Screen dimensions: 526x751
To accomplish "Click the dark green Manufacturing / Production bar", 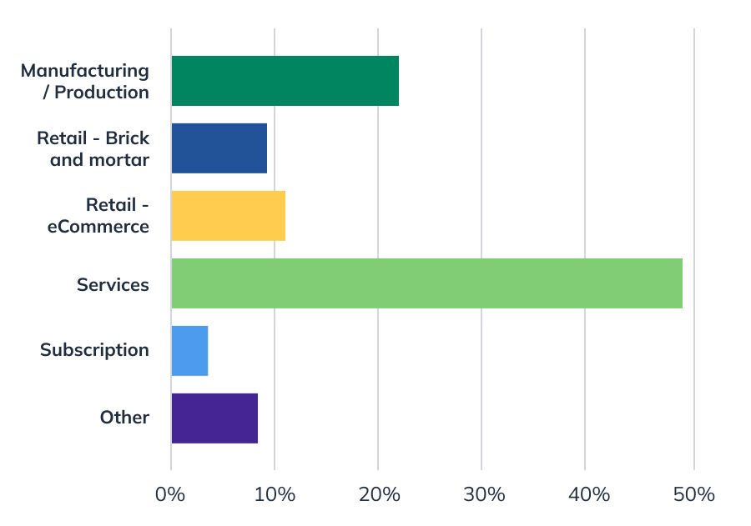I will pyautogui.click(x=285, y=81).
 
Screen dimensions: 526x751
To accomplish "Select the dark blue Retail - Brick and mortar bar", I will pyautogui.click(x=219, y=148).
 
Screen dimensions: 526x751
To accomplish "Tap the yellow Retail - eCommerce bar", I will pyautogui.click(x=228, y=216).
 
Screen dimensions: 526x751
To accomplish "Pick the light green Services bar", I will pyautogui.click(x=426, y=283).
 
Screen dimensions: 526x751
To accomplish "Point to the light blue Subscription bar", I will pyautogui.click(x=189, y=351).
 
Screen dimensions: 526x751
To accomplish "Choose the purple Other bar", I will pyautogui.click(x=214, y=418).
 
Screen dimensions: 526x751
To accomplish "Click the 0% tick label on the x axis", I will pyautogui.click(x=170, y=494).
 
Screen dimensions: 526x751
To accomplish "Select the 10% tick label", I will pyautogui.click(x=275, y=494).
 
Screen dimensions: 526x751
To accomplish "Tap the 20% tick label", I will pyautogui.click(x=378, y=494).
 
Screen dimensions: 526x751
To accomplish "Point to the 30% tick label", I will pyautogui.click(x=481, y=494).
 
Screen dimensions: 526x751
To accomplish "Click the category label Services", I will pyautogui.click(x=113, y=284).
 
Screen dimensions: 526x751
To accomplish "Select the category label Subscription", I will pyautogui.click(x=94, y=350).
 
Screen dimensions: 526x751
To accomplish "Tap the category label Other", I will pyautogui.click(x=124, y=418).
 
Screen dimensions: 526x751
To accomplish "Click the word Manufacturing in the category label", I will pyautogui.click(x=85, y=71).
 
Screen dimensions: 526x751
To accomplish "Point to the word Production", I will pyautogui.click(x=102, y=93).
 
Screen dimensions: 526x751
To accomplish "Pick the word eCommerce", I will pyautogui.click(x=98, y=227).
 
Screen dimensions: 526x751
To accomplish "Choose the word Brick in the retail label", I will pyautogui.click(x=127, y=138).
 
